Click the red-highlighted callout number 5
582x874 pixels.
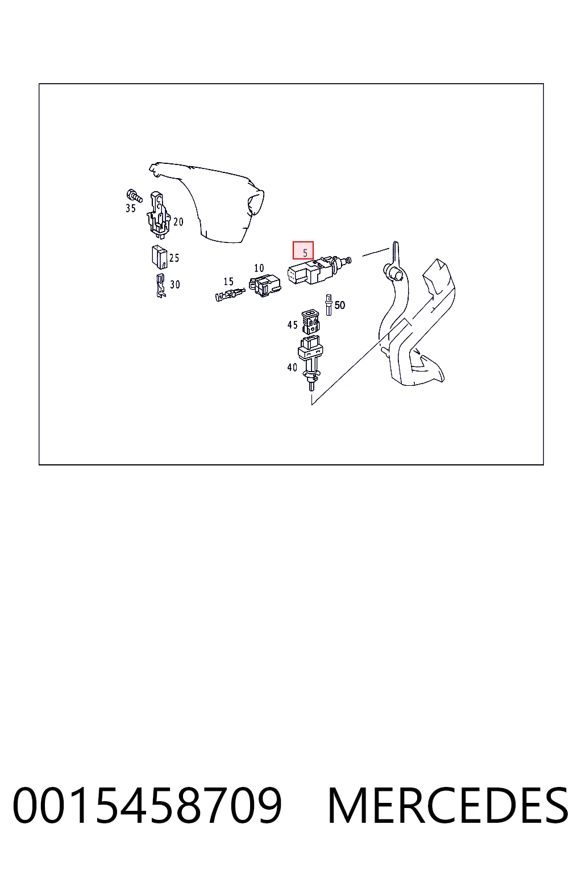(x=305, y=253)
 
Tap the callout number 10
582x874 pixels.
(x=259, y=268)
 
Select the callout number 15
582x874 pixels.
(x=228, y=281)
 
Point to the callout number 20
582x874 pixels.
(x=178, y=222)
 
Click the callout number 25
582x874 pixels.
(x=174, y=258)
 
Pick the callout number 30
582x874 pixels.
(x=175, y=285)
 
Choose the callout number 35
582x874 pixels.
(x=131, y=208)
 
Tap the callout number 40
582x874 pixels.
(x=292, y=367)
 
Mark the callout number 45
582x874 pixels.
(x=292, y=325)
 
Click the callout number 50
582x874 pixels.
(x=339, y=305)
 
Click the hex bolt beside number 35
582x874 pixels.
(x=135, y=195)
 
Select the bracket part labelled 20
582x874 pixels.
(x=159, y=215)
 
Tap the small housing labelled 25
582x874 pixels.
(x=159, y=257)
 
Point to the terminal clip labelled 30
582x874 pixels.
(x=160, y=286)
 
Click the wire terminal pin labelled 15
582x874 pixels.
(x=230, y=294)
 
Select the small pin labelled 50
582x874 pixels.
(x=329, y=305)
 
